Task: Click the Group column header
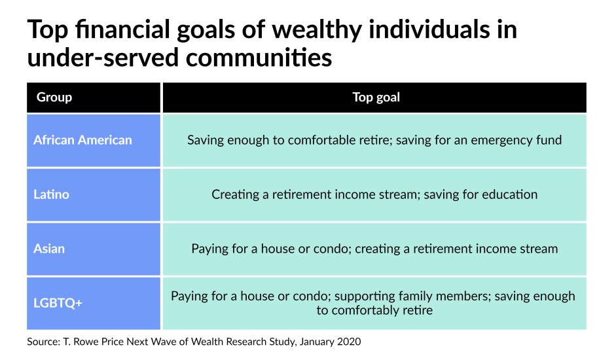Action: pyautogui.click(x=54, y=97)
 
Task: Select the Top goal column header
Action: pyautogui.click(x=376, y=97)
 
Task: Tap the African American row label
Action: pyautogui.click(x=82, y=140)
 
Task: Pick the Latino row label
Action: pyautogui.click(x=51, y=194)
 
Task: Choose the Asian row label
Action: pyautogui.click(x=48, y=248)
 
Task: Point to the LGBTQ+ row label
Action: pyautogui.click(x=58, y=302)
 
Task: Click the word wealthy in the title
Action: pyautogui.click(x=317, y=30)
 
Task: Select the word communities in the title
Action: pyautogui.click(x=259, y=58)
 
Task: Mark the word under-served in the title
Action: pyautogui.click(x=103, y=58)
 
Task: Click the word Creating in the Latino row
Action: pyautogui.click(x=235, y=194)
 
